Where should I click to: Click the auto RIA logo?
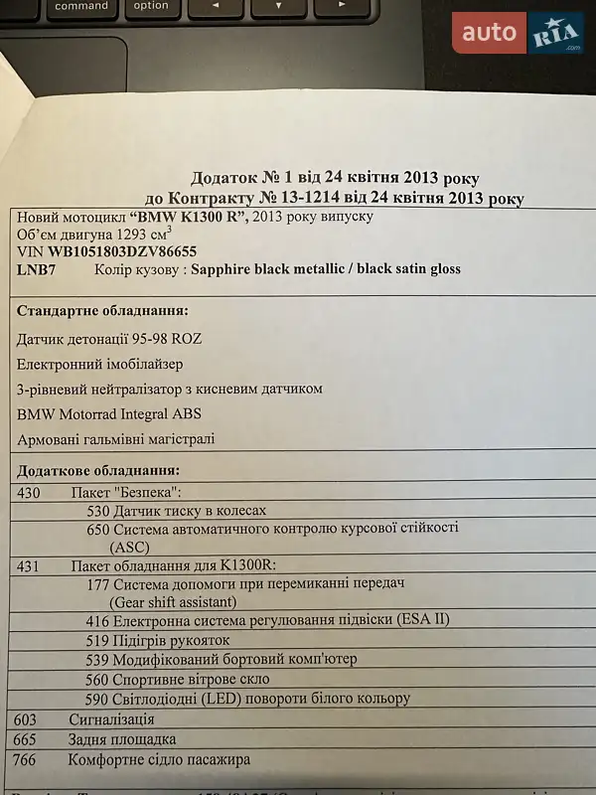click(x=519, y=33)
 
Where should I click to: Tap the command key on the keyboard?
click(x=81, y=7)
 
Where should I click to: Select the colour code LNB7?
click(x=37, y=269)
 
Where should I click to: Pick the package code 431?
click(x=30, y=564)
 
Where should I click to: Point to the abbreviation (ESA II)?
click(x=423, y=619)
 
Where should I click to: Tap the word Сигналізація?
click(x=111, y=717)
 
